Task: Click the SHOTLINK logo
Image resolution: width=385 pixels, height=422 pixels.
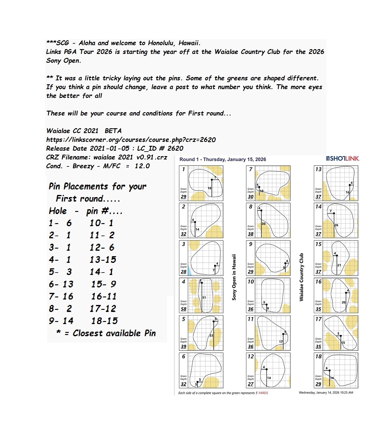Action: click(x=343, y=159)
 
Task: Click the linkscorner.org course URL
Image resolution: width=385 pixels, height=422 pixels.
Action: click(x=131, y=140)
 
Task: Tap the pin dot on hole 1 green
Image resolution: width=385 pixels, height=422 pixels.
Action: click(x=212, y=180)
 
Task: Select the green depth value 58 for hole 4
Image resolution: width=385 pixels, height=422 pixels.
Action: click(x=184, y=309)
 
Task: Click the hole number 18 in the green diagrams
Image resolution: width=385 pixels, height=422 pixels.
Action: click(x=318, y=357)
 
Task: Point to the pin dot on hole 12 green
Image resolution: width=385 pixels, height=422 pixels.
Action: click(x=267, y=370)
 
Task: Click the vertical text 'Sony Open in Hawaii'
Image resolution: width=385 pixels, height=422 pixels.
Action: click(x=234, y=277)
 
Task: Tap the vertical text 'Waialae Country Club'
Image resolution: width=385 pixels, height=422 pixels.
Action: click(x=301, y=277)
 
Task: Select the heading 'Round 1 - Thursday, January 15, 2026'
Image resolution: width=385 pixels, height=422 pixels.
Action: click(x=223, y=159)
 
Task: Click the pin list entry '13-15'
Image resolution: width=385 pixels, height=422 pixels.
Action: click(x=103, y=260)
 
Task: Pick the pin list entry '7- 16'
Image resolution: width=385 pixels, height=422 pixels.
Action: click(x=61, y=296)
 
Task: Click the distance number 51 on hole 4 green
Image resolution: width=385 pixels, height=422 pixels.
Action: click(x=204, y=298)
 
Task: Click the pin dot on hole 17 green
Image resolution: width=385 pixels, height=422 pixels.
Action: click(x=341, y=336)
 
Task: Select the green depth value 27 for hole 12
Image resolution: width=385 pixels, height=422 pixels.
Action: click(x=251, y=384)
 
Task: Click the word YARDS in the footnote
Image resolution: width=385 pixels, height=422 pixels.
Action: click(x=263, y=393)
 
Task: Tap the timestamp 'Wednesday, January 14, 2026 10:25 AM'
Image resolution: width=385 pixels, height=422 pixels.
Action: click(x=326, y=393)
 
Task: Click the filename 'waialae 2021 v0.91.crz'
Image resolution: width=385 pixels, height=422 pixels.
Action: click(x=130, y=157)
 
